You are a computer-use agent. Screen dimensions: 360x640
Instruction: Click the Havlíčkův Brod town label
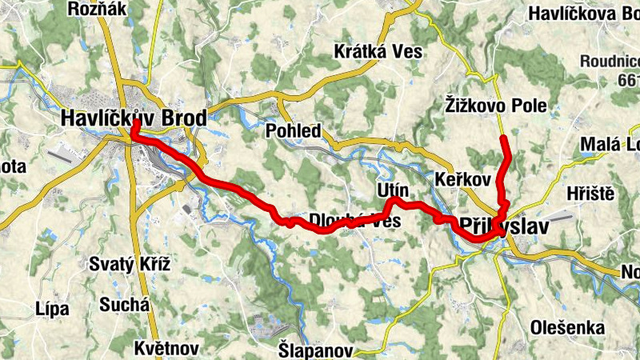point(133,118)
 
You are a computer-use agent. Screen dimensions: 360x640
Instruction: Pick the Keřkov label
point(462,179)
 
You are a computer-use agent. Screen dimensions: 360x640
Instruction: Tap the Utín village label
point(392,190)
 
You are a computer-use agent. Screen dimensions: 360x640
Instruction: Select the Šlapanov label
point(315,350)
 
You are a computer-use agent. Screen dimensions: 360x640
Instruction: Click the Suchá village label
point(124,304)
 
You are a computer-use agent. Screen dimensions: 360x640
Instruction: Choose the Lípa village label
point(52,309)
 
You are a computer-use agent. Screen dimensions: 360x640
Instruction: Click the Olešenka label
point(565,326)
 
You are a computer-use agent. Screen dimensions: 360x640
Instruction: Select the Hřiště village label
point(589,194)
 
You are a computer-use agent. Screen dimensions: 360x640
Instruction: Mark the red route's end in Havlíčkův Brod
point(135,124)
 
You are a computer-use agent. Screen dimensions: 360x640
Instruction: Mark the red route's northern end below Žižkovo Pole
point(504,139)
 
